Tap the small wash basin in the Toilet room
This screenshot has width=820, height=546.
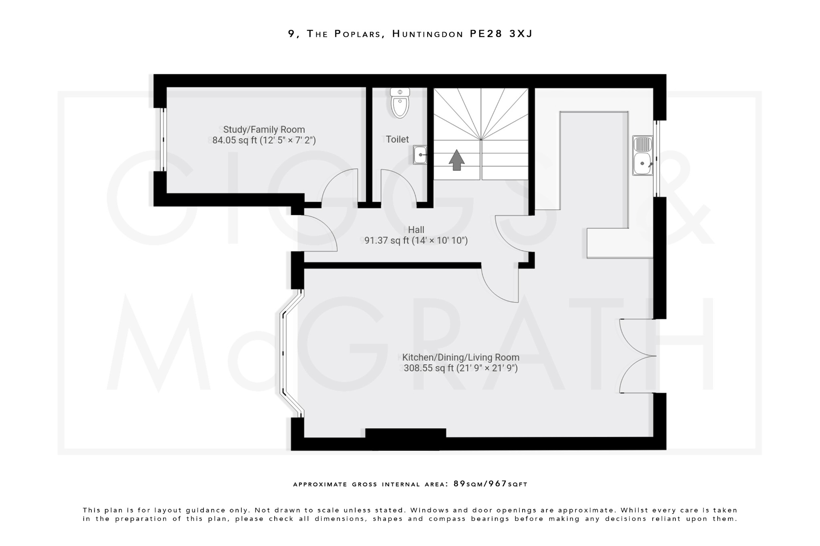[x=420, y=155]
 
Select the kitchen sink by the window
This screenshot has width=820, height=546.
[x=642, y=156]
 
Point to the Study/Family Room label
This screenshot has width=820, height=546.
[x=264, y=130]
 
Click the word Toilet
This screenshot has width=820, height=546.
[x=397, y=139]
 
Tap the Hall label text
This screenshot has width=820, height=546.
[x=416, y=230]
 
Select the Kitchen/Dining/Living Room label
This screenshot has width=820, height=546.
[x=460, y=357]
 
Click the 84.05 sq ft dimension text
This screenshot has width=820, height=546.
[x=264, y=140]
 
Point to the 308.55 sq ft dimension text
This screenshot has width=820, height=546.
[x=460, y=368]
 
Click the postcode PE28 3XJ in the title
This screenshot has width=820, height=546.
[x=501, y=34]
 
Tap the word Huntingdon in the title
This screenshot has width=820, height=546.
[x=428, y=34]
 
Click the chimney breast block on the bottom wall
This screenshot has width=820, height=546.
[x=406, y=438]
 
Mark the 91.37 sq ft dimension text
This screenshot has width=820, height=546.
[x=416, y=240]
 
